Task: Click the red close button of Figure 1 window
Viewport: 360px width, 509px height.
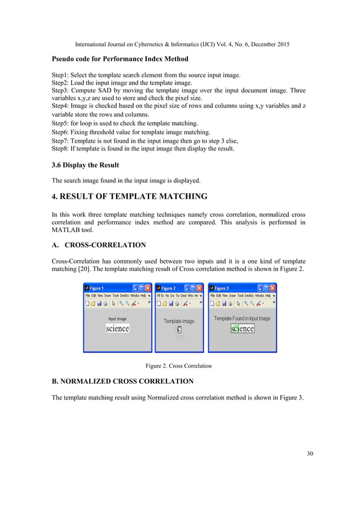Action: pyautogui.click(x=148, y=288)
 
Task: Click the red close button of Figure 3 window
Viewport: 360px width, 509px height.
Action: pyautogui.click(x=273, y=288)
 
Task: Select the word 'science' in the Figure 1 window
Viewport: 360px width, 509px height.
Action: pyautogui.click(x=117, y=328)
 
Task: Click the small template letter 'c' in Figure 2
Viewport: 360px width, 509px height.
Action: pyautogui.click(x=179, y=330)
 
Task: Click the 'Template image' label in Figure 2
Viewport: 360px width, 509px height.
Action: pyautogui.click(x=179, y=321)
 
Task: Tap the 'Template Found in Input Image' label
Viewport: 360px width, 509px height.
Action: pyautogui.click(x=242, y=318)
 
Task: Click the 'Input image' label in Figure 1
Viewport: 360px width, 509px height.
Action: pyautogui.click(x=117, y=319)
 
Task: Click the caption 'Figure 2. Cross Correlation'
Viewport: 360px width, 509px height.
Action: pyautogui.click(x=179, y=366)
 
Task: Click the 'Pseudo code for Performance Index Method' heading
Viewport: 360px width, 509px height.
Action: pyautogui.click(x=120, y=59)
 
